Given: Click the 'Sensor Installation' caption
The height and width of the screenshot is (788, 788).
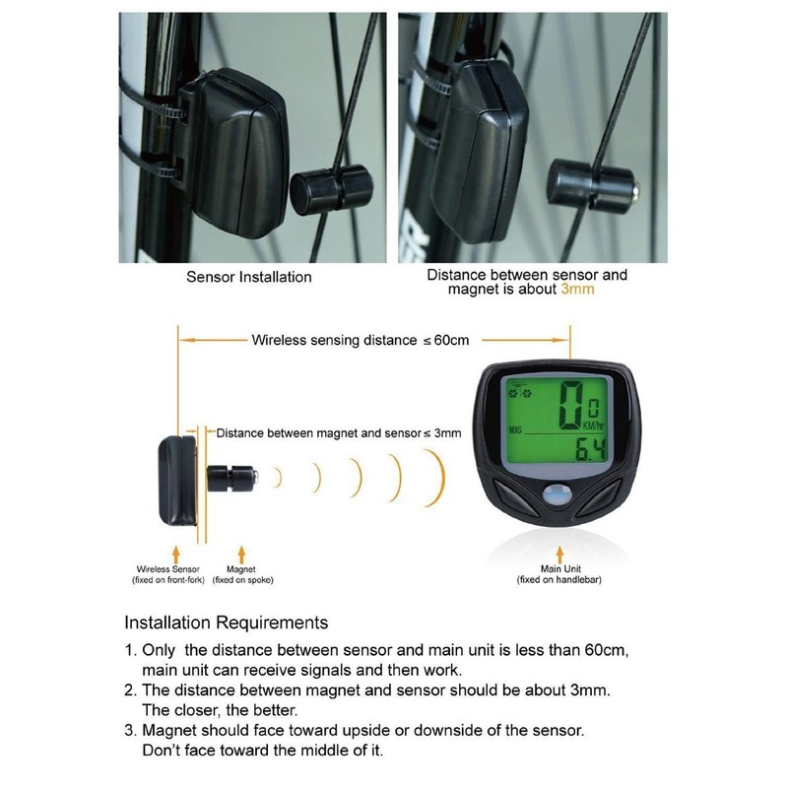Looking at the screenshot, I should [x=249, y=277].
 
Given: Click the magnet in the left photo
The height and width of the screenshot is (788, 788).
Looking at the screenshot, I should [x=331, y=187].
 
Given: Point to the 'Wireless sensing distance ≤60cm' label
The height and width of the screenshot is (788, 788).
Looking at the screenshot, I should [x=361, y=340].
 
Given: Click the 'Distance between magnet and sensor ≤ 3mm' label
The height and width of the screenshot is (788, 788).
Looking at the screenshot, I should [x=338, y=432].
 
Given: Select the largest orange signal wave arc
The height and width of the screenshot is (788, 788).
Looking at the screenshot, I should [x=434, y=479].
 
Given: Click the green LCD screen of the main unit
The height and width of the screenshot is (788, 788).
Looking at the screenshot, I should [x=554, y=421].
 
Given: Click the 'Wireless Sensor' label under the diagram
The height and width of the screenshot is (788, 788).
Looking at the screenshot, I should [x=167, y=569].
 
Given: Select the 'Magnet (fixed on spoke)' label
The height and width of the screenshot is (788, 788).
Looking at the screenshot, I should [x=241, y=574].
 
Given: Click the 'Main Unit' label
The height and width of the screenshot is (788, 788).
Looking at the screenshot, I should [x=558, y=569].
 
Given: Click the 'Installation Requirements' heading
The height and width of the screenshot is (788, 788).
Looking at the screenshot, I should [x=226, y=624].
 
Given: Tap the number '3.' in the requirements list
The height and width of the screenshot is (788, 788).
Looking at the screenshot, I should [x=130, y=731].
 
